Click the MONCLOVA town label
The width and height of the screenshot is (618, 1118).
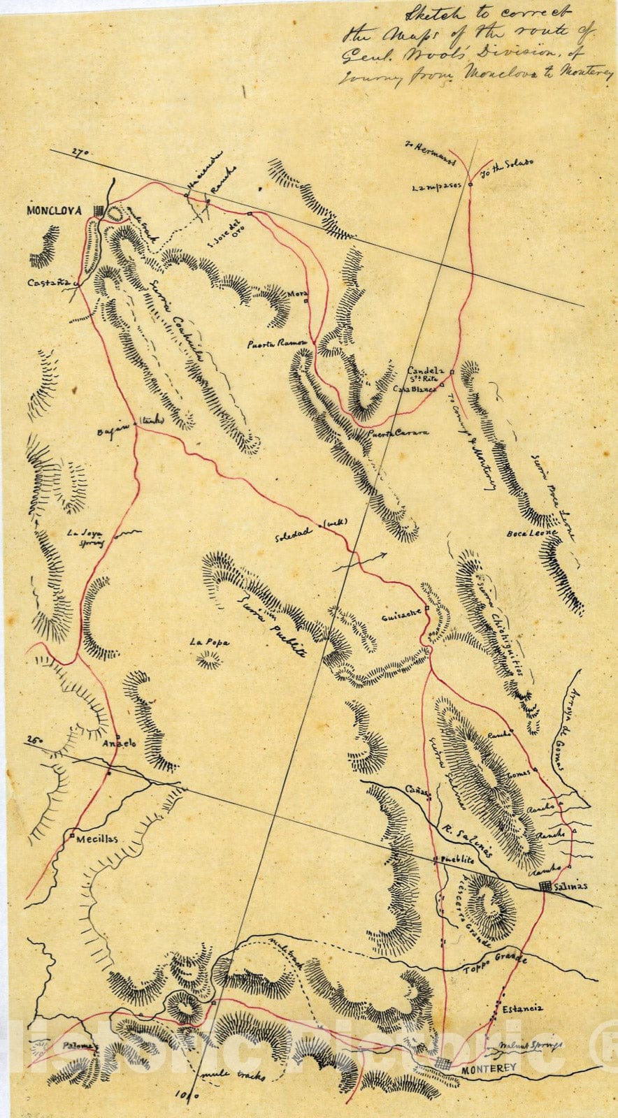(x=54, y=210)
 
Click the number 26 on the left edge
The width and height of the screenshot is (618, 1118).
(x=31, y=739)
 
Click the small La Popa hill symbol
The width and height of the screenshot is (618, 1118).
(x=208, y=659)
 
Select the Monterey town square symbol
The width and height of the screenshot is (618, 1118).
(x=443, y=1063)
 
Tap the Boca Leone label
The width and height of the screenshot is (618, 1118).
(x=533, y=533)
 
